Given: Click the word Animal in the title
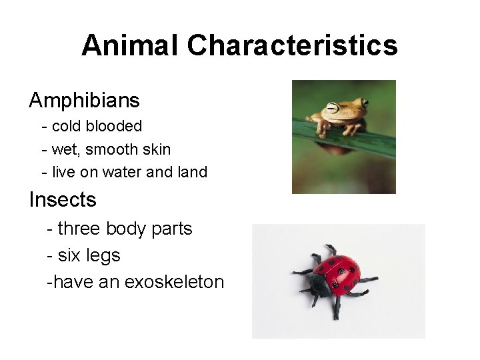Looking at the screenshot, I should click(130, 45).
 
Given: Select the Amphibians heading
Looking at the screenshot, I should click(84, 101).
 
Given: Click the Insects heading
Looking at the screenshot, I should click(63, 199).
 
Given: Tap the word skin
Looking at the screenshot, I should click(155, 149).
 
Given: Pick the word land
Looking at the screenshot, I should click(193, 172).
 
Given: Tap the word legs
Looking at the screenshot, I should click(103, 255).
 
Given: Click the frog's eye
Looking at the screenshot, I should click(364, 103).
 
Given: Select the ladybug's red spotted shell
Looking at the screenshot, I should click(339, 274).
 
